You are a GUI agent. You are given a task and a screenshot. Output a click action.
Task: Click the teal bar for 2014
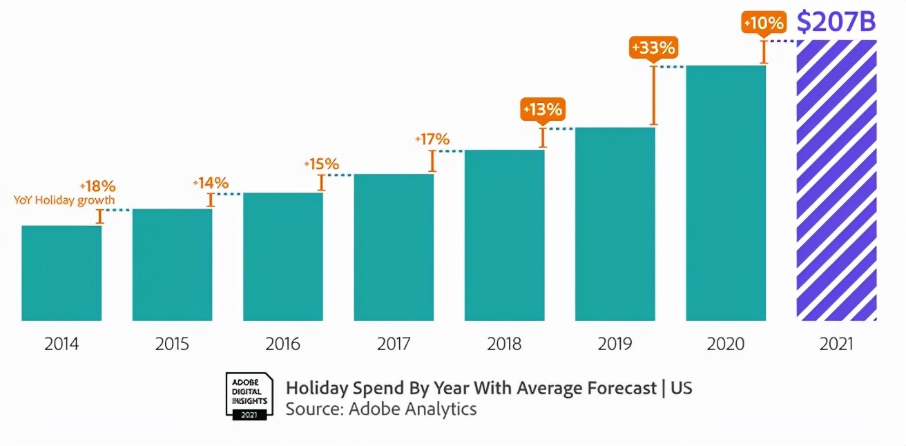tap(61, 273)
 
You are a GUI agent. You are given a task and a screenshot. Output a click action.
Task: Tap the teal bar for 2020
tap(726, 193)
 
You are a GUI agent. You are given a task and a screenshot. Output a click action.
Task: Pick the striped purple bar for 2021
tap(836, 180)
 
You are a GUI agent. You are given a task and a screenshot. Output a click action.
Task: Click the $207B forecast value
tap(836, 22)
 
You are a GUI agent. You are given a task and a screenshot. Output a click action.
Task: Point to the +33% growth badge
tap(653, 48)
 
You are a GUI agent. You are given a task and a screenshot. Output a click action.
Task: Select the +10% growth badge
tap(763, 23)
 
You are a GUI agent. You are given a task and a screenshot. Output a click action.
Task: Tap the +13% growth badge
tap(542, 109)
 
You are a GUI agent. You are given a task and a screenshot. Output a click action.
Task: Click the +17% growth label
tap(432, 139)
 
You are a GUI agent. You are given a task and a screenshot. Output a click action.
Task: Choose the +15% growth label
tap(321, 164)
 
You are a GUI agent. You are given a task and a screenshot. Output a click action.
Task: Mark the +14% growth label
tap(211, 183)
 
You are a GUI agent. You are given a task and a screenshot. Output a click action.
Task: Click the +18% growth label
tap(97, 186)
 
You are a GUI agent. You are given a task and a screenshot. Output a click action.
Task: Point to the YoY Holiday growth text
tap(64, 200)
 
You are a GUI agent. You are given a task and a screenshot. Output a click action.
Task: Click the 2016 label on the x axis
tap(283, 344)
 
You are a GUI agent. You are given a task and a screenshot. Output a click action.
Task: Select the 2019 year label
tap(615, 344)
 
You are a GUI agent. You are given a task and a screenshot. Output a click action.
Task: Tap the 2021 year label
tap(836, 344)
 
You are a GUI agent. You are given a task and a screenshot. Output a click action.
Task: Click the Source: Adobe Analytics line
tap(381, 408)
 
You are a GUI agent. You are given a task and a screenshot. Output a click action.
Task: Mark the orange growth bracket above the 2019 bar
tap(653, 95)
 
